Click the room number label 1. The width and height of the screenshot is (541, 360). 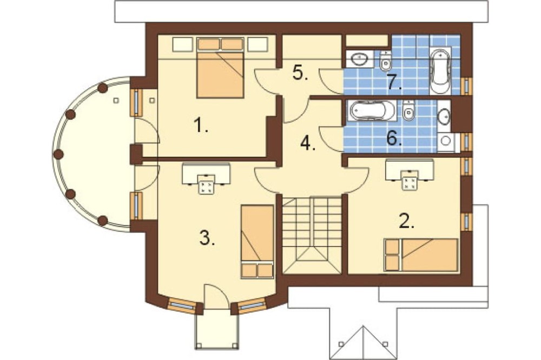pos(201,125)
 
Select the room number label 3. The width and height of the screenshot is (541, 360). pos(207,238)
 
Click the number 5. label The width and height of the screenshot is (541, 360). pos(300,73)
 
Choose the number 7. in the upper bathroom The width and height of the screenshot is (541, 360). pos(394,82)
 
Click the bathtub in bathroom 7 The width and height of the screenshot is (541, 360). pos(440,71)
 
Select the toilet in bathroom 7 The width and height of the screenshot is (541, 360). pos(385,61)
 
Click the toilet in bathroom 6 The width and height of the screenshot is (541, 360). pos(408,110)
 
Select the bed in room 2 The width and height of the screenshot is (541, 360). pos(421,255)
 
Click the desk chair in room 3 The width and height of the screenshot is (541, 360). pos(206,184)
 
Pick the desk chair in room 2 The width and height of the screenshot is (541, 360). pos(410,180)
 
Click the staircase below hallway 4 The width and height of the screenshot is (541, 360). pos(312,235)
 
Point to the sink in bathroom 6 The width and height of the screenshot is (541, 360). pos(444,117)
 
